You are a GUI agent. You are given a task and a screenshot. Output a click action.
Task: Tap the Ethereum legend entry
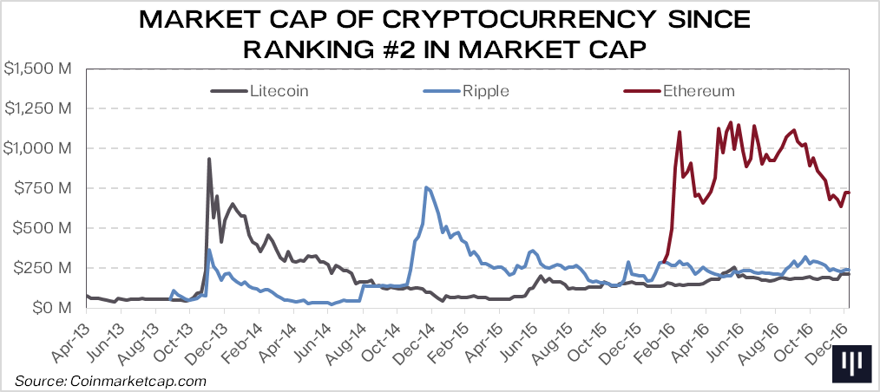pos(699,90)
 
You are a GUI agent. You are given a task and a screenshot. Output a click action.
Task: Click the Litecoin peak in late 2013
pos(209,159)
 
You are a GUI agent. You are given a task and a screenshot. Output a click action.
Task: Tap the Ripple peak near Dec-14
pos(425,187)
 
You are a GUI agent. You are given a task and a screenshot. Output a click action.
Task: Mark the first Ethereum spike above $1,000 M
pos(680,132)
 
